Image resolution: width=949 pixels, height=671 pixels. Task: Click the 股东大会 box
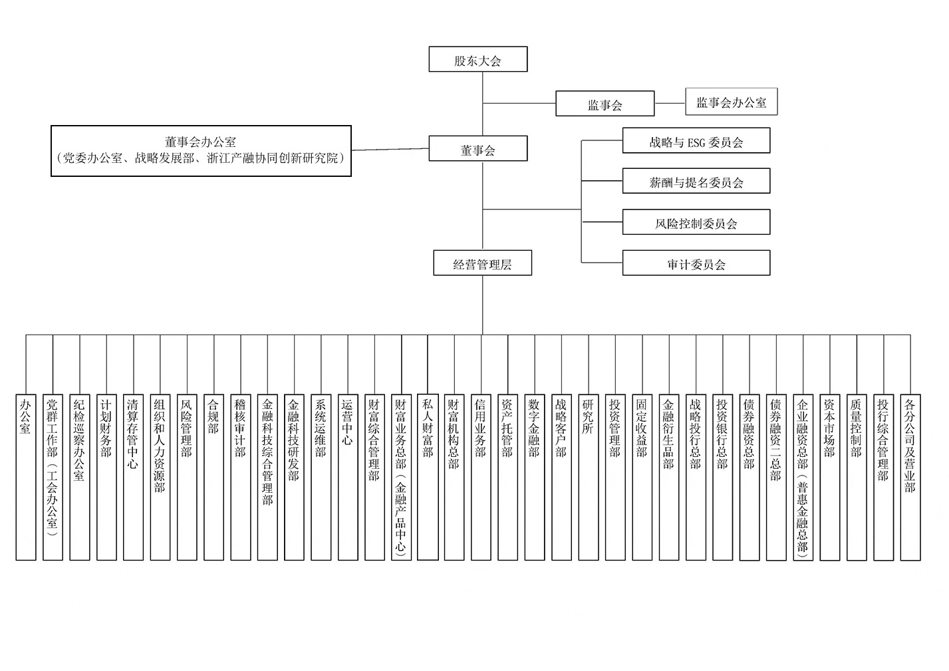point(478,59)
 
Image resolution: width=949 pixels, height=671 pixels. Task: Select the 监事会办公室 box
point(732,102)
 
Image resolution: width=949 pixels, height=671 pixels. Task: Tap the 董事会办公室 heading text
point(200,142)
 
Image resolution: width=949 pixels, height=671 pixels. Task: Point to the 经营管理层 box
point(483,263)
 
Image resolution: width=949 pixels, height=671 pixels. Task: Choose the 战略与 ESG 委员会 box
point(696,140)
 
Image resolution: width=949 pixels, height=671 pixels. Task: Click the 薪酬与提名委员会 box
point(696,181)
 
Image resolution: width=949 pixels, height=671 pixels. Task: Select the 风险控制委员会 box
point(696,222)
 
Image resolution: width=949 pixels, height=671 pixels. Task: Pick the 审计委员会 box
point(696,263)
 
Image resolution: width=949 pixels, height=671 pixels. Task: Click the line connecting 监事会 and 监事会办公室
point(670,103)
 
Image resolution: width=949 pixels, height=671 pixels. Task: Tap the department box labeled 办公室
point(26,477)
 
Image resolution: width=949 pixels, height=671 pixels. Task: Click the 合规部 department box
point(213,477)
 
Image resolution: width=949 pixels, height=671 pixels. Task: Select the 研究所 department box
point(589,477)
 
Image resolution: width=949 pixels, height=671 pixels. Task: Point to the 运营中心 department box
point(348,477)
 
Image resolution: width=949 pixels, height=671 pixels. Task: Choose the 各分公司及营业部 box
point(910,477)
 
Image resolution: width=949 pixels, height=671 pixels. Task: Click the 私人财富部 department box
point(428,477)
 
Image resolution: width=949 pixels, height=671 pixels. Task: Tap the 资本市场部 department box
point(830,477)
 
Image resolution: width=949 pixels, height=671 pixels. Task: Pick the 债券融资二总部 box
point(776,477)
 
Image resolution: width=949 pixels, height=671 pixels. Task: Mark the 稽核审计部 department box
point(241,477)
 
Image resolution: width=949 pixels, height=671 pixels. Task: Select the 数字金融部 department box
point(535,477)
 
